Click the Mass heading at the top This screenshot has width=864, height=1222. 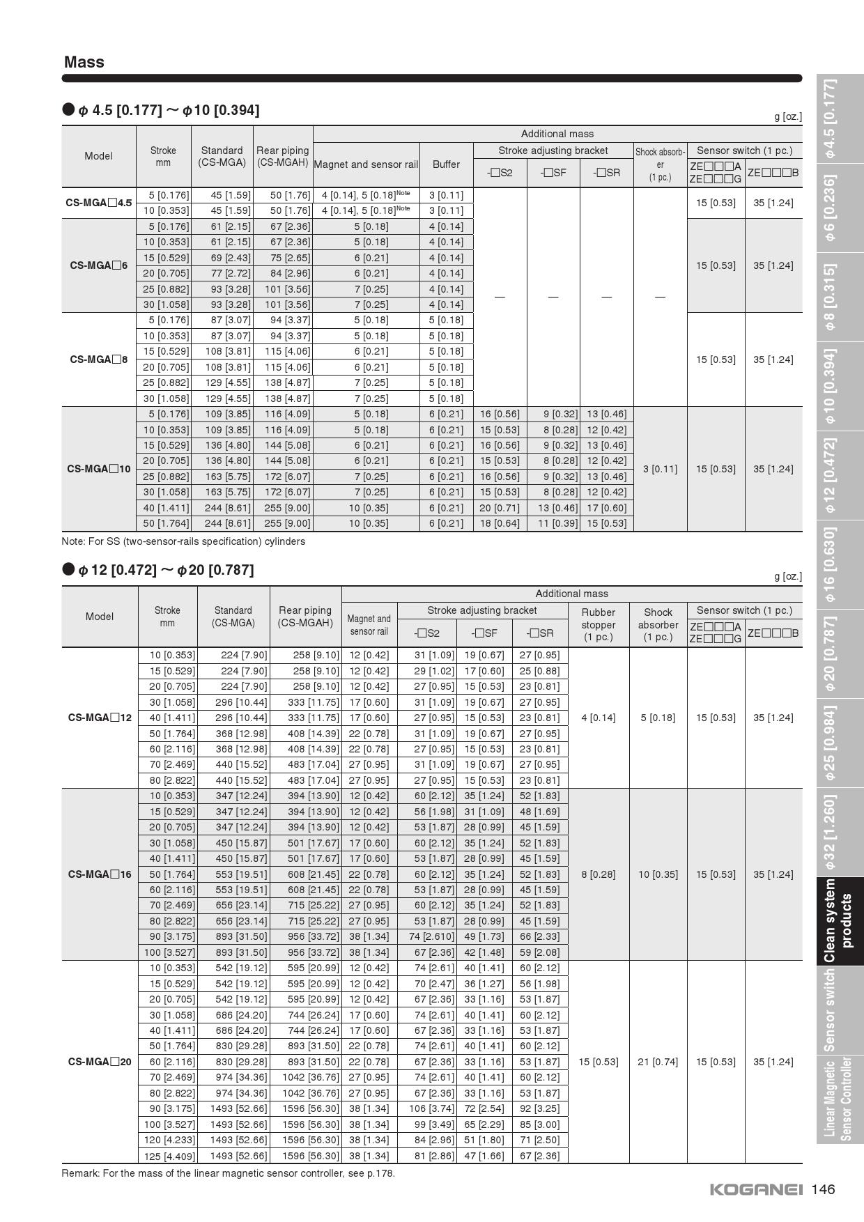pos(84,62)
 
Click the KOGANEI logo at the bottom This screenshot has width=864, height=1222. pos(755,1189)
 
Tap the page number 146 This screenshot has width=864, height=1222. pos(823,1189)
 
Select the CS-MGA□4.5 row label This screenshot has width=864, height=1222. pos(98,203)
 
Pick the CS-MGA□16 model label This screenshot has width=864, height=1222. pos(100,874)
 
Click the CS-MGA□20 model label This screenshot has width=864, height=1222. pos(100,1062)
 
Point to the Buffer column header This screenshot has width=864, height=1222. pos(446,164)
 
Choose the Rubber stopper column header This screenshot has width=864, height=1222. pos(598,624)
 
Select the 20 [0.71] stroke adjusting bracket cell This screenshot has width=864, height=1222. pos(500,508)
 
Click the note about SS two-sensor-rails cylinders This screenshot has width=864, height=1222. pos(183,541)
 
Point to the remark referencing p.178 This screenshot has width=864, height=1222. pos(228,1173)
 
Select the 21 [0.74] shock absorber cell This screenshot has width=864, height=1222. pos(658,1062)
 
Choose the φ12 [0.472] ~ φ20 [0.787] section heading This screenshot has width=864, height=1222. pos(165,570)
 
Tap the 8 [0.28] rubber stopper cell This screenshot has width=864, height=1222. pos(598,874)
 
